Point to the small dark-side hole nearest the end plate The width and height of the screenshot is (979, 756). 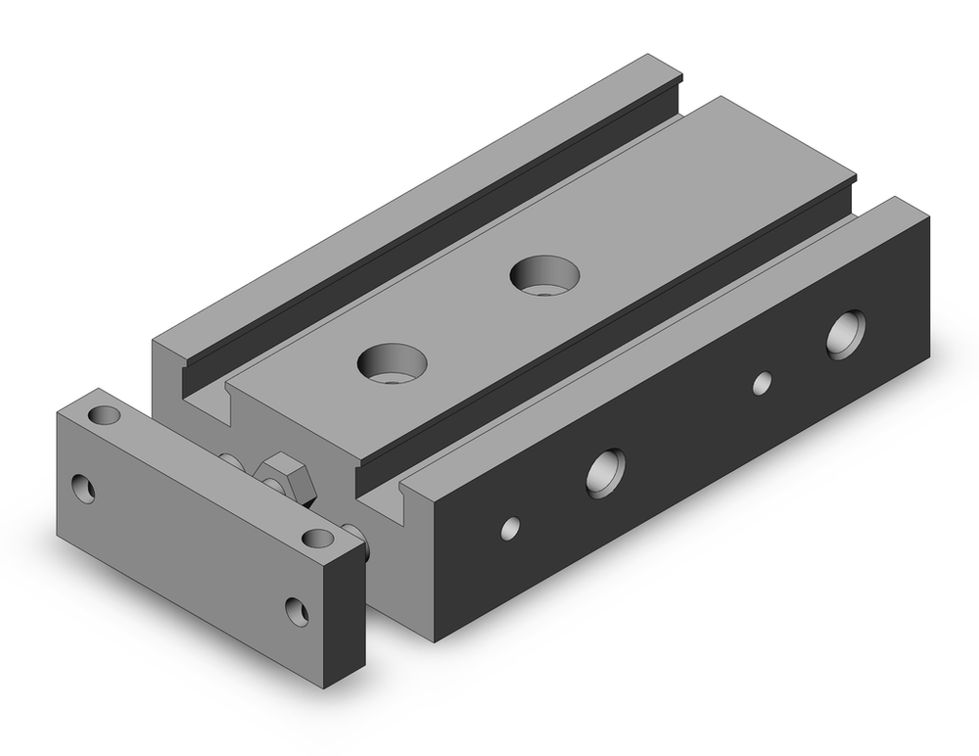[x=510, y=529]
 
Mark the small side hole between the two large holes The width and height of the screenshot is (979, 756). [x=761, y=383]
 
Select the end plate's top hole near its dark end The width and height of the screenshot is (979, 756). [x=316, y=538]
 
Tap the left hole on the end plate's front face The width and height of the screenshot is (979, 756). [x=84, y=488]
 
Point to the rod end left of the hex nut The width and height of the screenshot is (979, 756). [x=229, y=458]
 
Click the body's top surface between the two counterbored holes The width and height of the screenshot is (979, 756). [x=470, y=313]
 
